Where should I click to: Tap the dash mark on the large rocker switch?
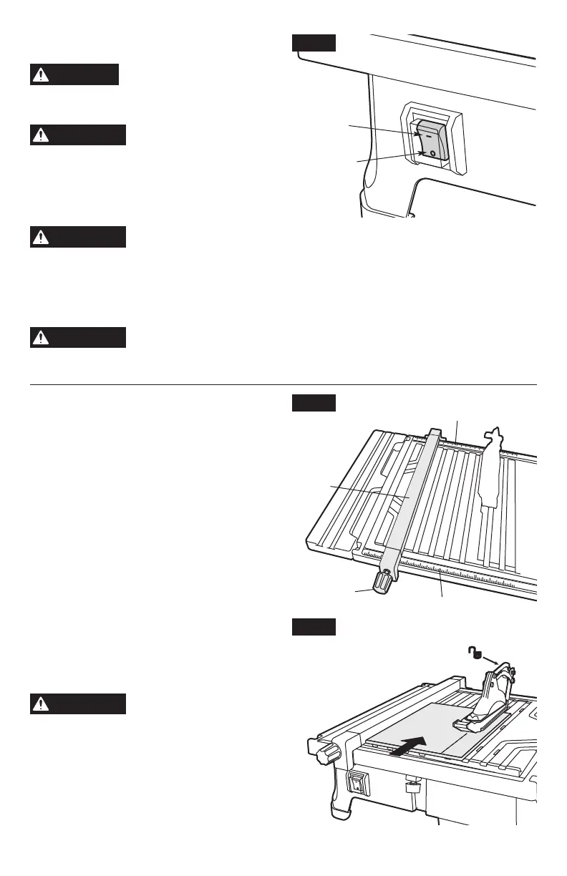428,132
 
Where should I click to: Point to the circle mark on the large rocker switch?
432,152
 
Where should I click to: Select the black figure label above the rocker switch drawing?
314,42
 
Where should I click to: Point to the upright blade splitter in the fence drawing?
493,472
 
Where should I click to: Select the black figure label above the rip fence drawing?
314,404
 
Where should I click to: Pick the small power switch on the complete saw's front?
357,785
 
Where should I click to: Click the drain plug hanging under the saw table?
412,787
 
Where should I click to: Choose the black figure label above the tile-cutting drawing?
314,627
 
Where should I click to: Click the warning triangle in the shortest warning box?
42,74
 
